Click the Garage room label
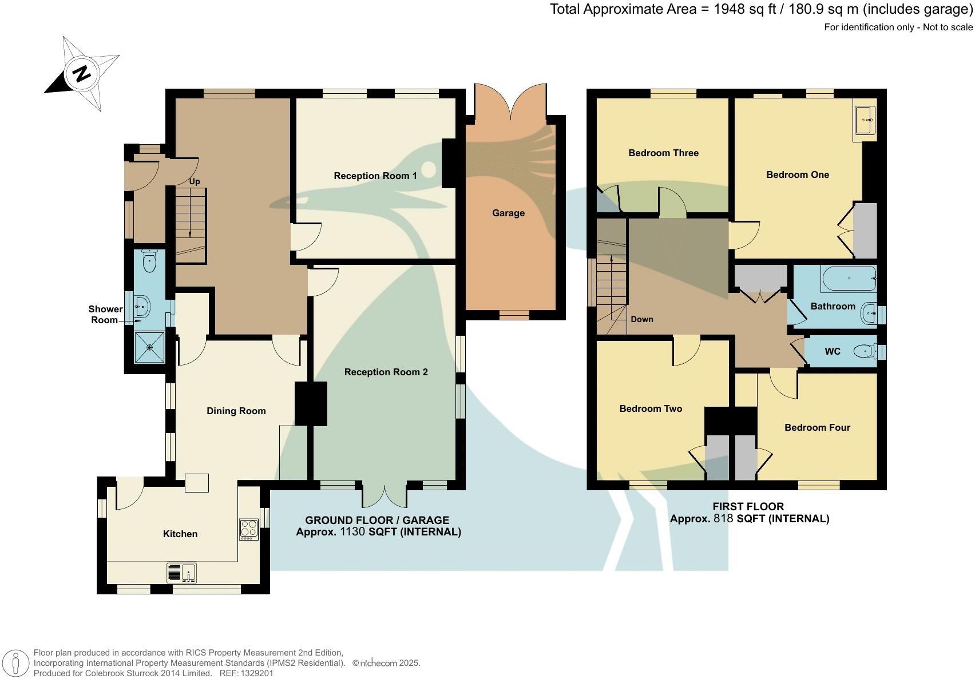point(508,213)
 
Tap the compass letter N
point(82,73)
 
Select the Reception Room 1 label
point(375,176)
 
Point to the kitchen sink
point(182,571)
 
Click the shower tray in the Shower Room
point(149,347)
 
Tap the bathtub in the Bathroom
point(849,279)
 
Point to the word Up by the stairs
point(195,181)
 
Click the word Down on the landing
point(641,319)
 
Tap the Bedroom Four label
point(817,427)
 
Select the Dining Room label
point(236,411)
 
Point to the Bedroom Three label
point(663,153)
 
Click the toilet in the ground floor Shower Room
point(149,263)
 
